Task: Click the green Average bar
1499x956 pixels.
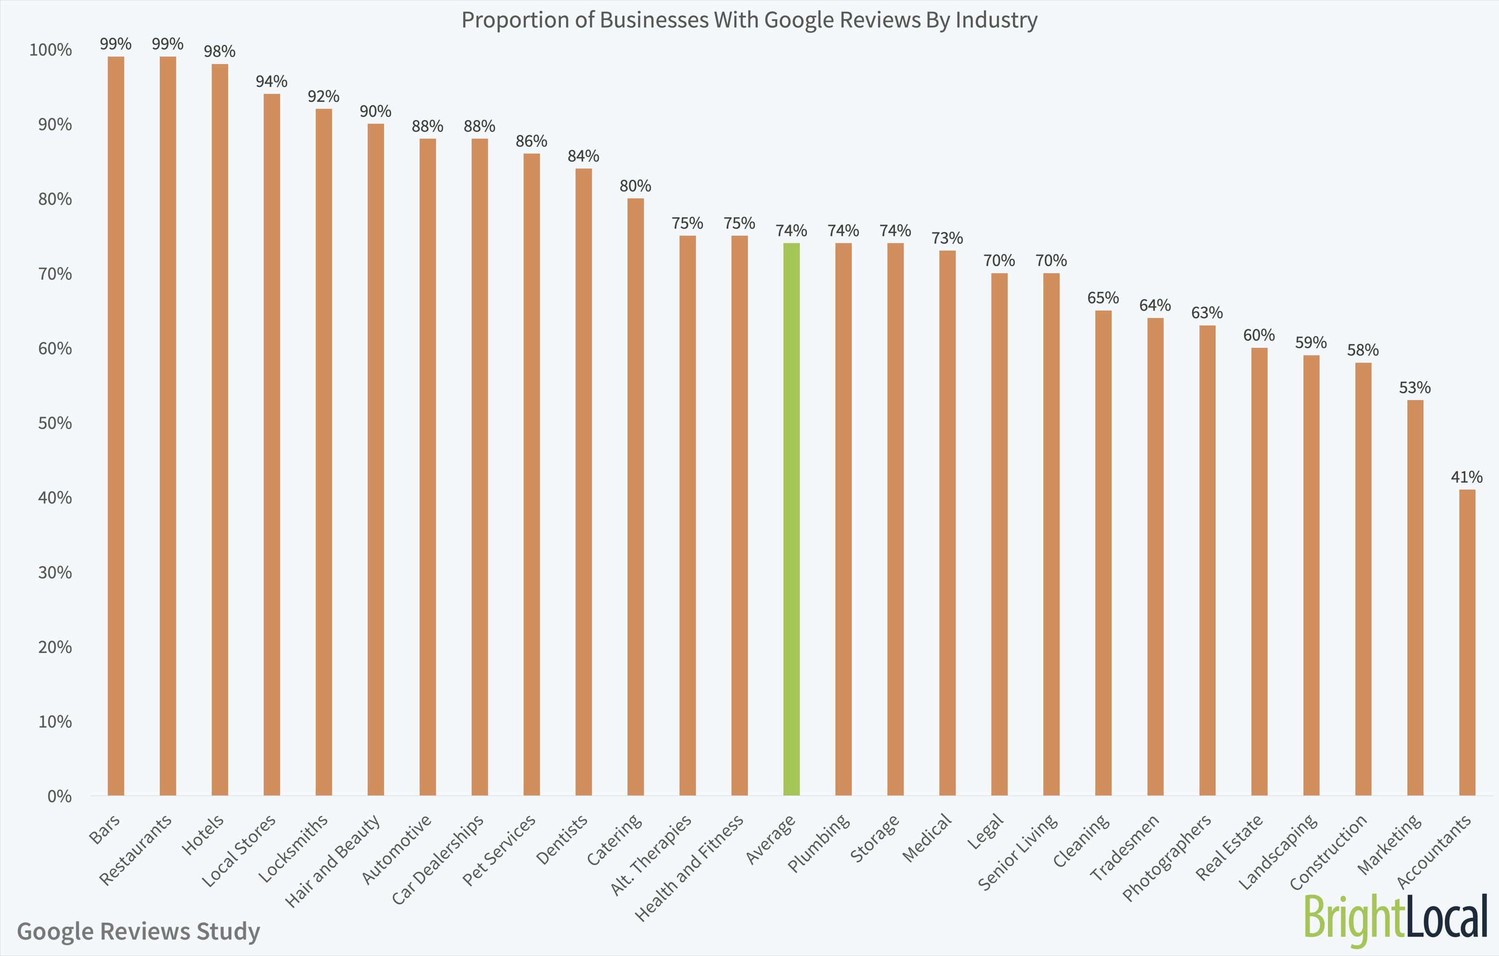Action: coord(791,520)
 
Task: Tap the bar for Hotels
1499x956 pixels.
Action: coord(220,430)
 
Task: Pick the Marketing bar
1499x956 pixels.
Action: coord(1415,598)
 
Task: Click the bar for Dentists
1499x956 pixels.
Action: coord(583,482)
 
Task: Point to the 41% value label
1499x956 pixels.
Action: coord(1467,477)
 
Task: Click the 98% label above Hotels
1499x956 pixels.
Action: coord(220,51)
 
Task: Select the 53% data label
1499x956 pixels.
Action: coord(1415,387)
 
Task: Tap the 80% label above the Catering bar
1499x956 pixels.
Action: coord(635,186)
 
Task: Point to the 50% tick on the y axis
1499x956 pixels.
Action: coord(55,423)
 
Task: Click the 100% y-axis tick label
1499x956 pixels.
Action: coord(50,50)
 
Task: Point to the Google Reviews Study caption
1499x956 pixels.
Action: coord(138,931)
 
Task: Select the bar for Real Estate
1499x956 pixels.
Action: coord(1259,571)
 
